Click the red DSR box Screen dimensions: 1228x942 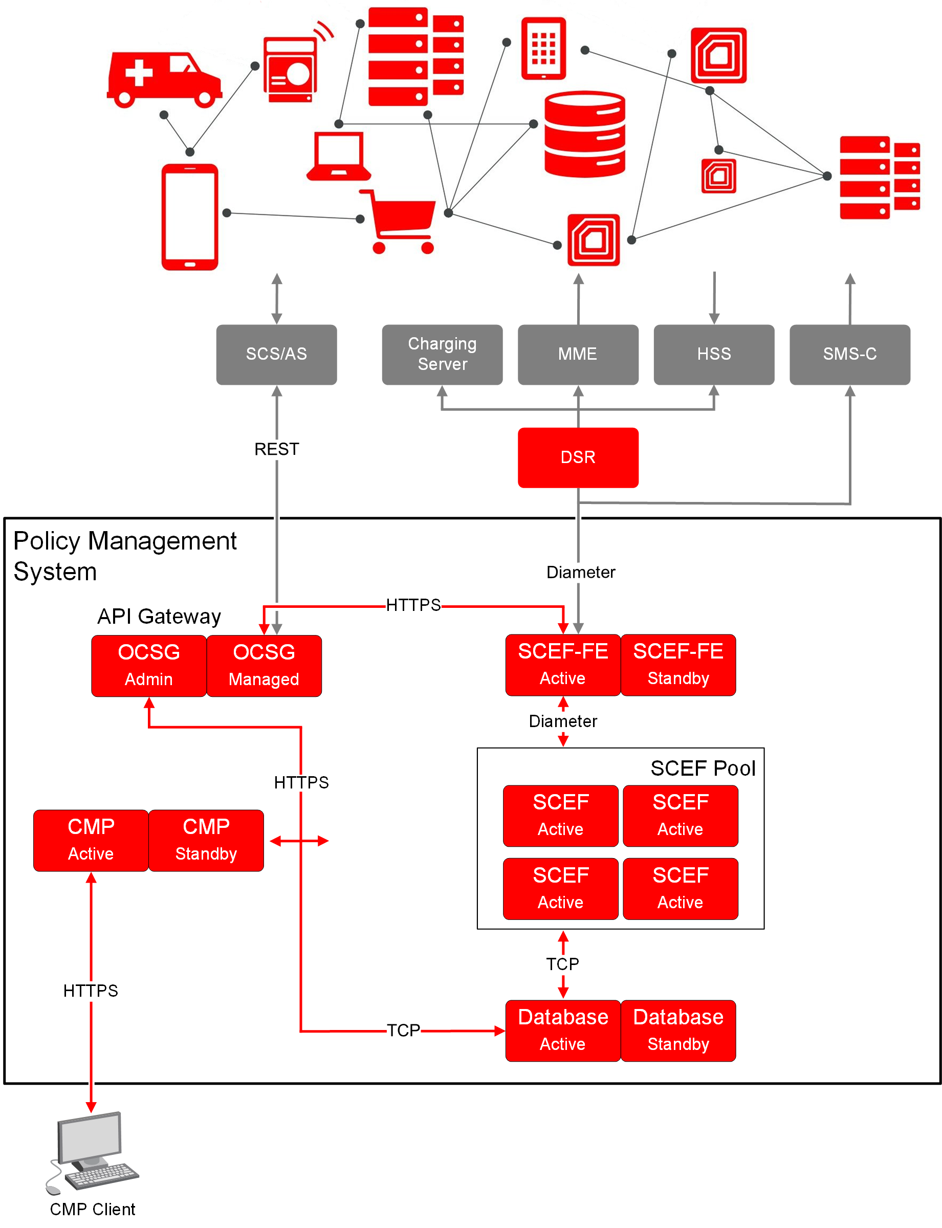[x=578, y=457]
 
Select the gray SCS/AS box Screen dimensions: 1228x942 [x=276, y=355]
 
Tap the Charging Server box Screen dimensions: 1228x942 [x=442, y=355]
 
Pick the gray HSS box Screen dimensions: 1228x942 [x=714, y=355]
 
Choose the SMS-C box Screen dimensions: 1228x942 [x=849, y=355]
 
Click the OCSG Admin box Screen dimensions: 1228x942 [x=148, y=666]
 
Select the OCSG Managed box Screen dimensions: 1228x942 [x=264, y=666]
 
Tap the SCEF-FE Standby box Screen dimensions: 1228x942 [x=678, y=665]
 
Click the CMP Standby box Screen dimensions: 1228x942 [x=206, y=840]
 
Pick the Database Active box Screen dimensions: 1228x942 [x=562, y=1030]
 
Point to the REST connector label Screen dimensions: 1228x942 [x=276, y=449]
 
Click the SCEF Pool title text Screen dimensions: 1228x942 [x=703, y=768]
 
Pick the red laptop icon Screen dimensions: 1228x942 [x=339, y=156]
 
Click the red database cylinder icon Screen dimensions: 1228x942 [x=585, y=134]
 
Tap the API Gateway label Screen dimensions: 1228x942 [x=159, y=616]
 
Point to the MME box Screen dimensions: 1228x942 [x=578, y=355]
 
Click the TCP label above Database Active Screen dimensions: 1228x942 [x=562, y=964]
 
